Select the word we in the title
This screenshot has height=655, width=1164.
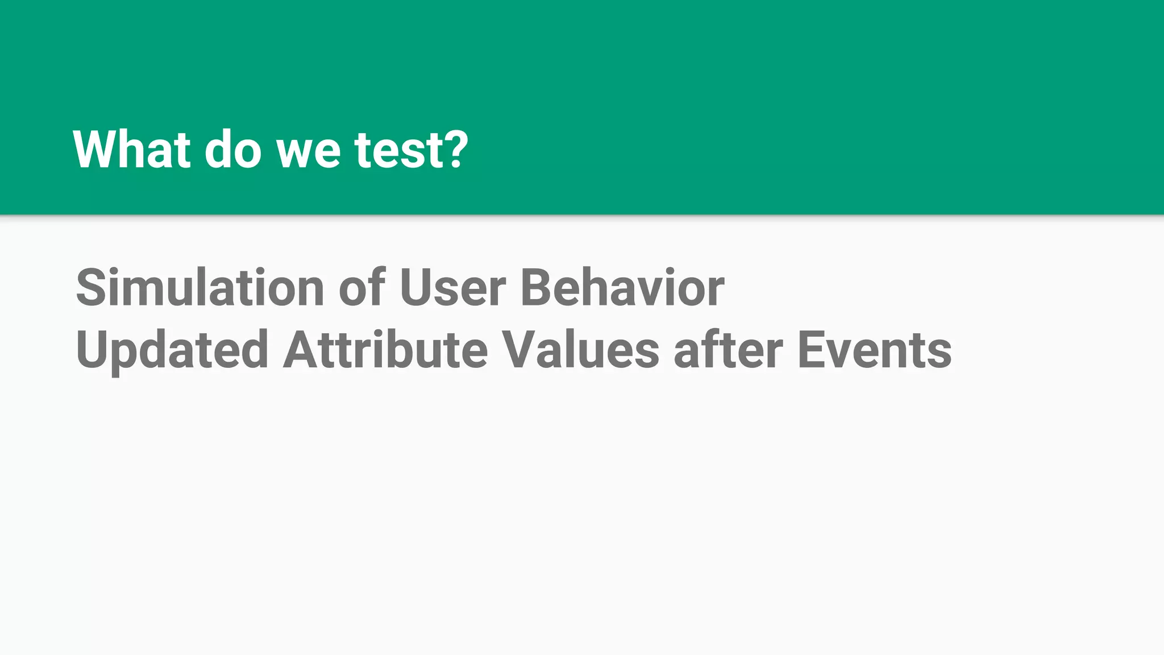(x=309, y=151)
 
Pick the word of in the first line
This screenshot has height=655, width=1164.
(x=362, y=288)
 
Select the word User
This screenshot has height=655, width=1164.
(x=452, y=288)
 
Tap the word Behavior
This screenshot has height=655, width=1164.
(x=622, y=288)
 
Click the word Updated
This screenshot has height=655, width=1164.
(x=172, y=350)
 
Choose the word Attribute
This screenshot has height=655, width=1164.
(x=385, y=349)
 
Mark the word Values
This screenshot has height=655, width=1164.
(x=581, y=349)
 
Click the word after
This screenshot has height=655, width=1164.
(x=728, y=349)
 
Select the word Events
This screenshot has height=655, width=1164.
(x=875, y=350)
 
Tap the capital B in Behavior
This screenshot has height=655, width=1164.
(x=537, y=288)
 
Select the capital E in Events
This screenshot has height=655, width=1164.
(x=812, y=350)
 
